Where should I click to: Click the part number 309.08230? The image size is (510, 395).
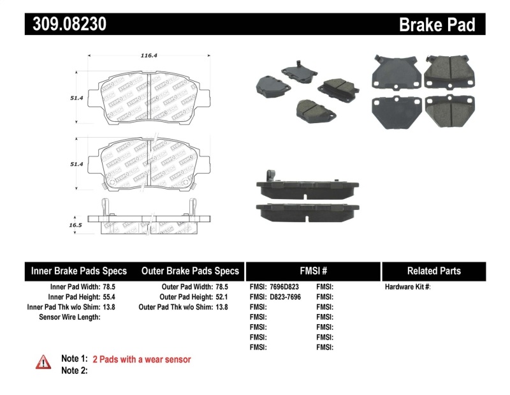tap(66, 24)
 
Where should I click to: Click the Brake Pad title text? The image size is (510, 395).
tap(437, 25)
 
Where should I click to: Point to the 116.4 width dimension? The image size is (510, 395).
tap(149, 56)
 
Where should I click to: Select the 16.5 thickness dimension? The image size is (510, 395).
tap(75, 225)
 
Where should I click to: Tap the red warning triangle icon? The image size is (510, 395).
tap(43, 362)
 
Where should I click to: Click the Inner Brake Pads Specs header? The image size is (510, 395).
tap(79, 271)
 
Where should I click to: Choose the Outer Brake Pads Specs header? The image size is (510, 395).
tap(189, 271)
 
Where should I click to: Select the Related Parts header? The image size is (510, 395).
tap(433, 271)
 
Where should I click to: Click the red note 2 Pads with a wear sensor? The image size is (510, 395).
tap(142, 359)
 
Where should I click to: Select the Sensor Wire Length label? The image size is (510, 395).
tap(69, 317)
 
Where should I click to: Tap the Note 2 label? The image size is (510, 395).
tap(74, 370)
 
